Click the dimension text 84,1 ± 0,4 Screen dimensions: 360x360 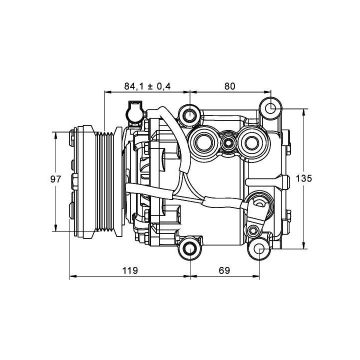pos(147,86)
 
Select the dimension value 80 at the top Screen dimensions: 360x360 pos(229,86)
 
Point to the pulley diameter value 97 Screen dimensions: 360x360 pos(56,179)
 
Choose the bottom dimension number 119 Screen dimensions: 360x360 pos(129,270)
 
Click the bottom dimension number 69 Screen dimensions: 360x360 pos(224,270)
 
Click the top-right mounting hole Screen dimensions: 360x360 pos(270,108)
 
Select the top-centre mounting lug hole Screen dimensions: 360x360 pos(190,116)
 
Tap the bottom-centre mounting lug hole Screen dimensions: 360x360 pos(190,248)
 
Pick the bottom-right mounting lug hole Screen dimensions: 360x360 pos(259,248)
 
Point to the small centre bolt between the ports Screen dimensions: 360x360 pos(228,143)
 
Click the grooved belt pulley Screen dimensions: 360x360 pos(107,182)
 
